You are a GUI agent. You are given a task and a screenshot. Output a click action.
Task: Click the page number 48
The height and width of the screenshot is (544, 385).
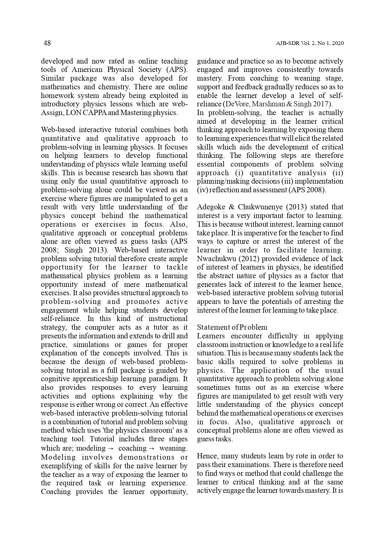[47, 43]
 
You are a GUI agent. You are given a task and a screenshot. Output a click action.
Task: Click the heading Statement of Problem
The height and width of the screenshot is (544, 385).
[232, 327]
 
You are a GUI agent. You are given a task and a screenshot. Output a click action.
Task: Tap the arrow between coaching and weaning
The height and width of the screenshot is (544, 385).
[153, 448]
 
